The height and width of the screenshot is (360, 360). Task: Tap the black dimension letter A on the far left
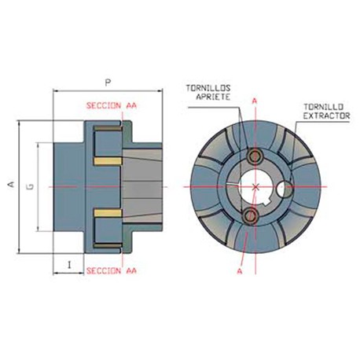(10, 186)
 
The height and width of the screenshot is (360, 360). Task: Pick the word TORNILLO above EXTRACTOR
(322, 106)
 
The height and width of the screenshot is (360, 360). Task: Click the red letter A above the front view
(255, 101)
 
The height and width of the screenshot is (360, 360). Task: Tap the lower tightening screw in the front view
(250, 215)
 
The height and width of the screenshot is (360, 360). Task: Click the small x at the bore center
(257, 186)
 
